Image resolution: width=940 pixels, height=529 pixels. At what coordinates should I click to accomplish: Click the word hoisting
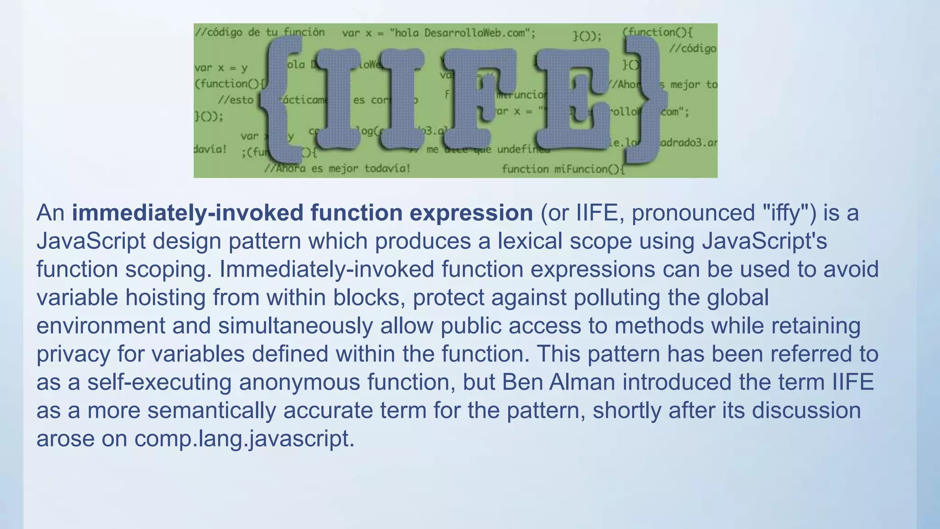point(165,298)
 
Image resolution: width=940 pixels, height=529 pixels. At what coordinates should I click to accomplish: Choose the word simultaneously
point(295,326)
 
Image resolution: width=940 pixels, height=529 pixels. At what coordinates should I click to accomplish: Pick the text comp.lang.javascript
point(244,439)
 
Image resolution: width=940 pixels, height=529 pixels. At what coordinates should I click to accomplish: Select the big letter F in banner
point(480,99)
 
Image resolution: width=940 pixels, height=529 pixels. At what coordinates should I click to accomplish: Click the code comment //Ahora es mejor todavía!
point(337,169)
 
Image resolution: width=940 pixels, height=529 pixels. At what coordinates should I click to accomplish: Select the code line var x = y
point(221,68)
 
